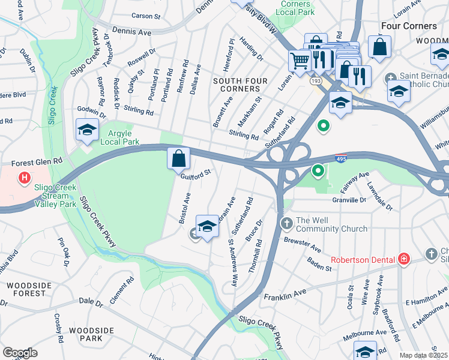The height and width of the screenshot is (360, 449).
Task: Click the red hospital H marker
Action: coord(24,178)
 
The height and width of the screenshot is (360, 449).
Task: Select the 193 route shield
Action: coord(315,80)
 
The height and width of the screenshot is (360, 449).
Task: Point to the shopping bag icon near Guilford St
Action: coord(178,159)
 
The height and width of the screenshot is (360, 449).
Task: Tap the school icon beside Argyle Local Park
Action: coord(87,130)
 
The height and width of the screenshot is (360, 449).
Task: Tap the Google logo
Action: coord(20,353)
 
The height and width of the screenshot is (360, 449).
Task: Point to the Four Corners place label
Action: coord(409,26)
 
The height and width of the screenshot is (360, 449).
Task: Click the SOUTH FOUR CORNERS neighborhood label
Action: coord(234,85)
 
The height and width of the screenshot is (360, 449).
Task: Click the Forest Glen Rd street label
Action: coord(37,162)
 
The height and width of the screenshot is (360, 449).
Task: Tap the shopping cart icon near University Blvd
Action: coord(299,59)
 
